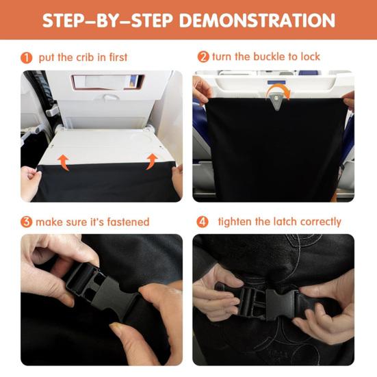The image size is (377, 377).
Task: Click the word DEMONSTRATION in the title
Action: [257, 21]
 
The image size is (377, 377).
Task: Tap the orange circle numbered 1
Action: [27, 58]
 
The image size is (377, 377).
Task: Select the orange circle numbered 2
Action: [203, 57]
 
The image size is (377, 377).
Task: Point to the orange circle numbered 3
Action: [27, 222]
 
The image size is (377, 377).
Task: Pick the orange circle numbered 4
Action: [203, 222]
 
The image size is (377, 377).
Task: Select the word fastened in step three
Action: [128, 222]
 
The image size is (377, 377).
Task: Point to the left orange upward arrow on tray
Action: [64, 161]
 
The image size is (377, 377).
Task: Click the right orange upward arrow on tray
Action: [152, 161]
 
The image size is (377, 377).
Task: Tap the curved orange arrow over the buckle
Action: [280, 89]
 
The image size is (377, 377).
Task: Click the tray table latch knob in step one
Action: [111, 97]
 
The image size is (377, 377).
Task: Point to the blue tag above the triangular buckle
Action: [276, 83]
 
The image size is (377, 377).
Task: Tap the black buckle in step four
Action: [269, 302]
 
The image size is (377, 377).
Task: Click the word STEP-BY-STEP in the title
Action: [107, 21]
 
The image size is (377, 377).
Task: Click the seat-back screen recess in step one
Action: [108, 81]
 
